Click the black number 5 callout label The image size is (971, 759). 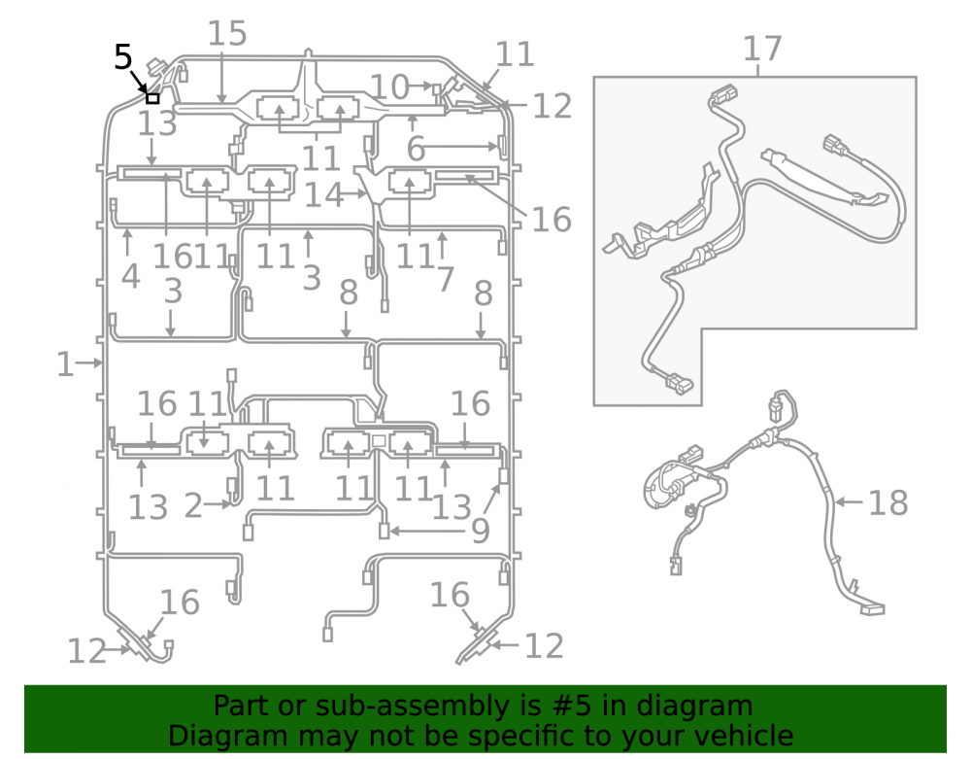click(122, 57)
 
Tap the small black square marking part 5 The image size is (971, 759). click(152, 98)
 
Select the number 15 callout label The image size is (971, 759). click(226, 33)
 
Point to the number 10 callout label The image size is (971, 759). click(389, 86)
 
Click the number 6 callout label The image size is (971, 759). click(416, 149)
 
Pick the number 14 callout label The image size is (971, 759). click(323, 194)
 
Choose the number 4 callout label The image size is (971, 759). click(131, 276)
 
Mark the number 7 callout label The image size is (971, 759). click(446, 280)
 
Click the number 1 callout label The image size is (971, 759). click(65, 364)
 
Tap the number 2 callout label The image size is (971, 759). click(193, 506)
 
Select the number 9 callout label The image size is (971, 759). click(481, 531)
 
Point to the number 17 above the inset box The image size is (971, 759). click(762, 49)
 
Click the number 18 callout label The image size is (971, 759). click(888, 503)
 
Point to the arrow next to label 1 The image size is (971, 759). click(89, 363)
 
